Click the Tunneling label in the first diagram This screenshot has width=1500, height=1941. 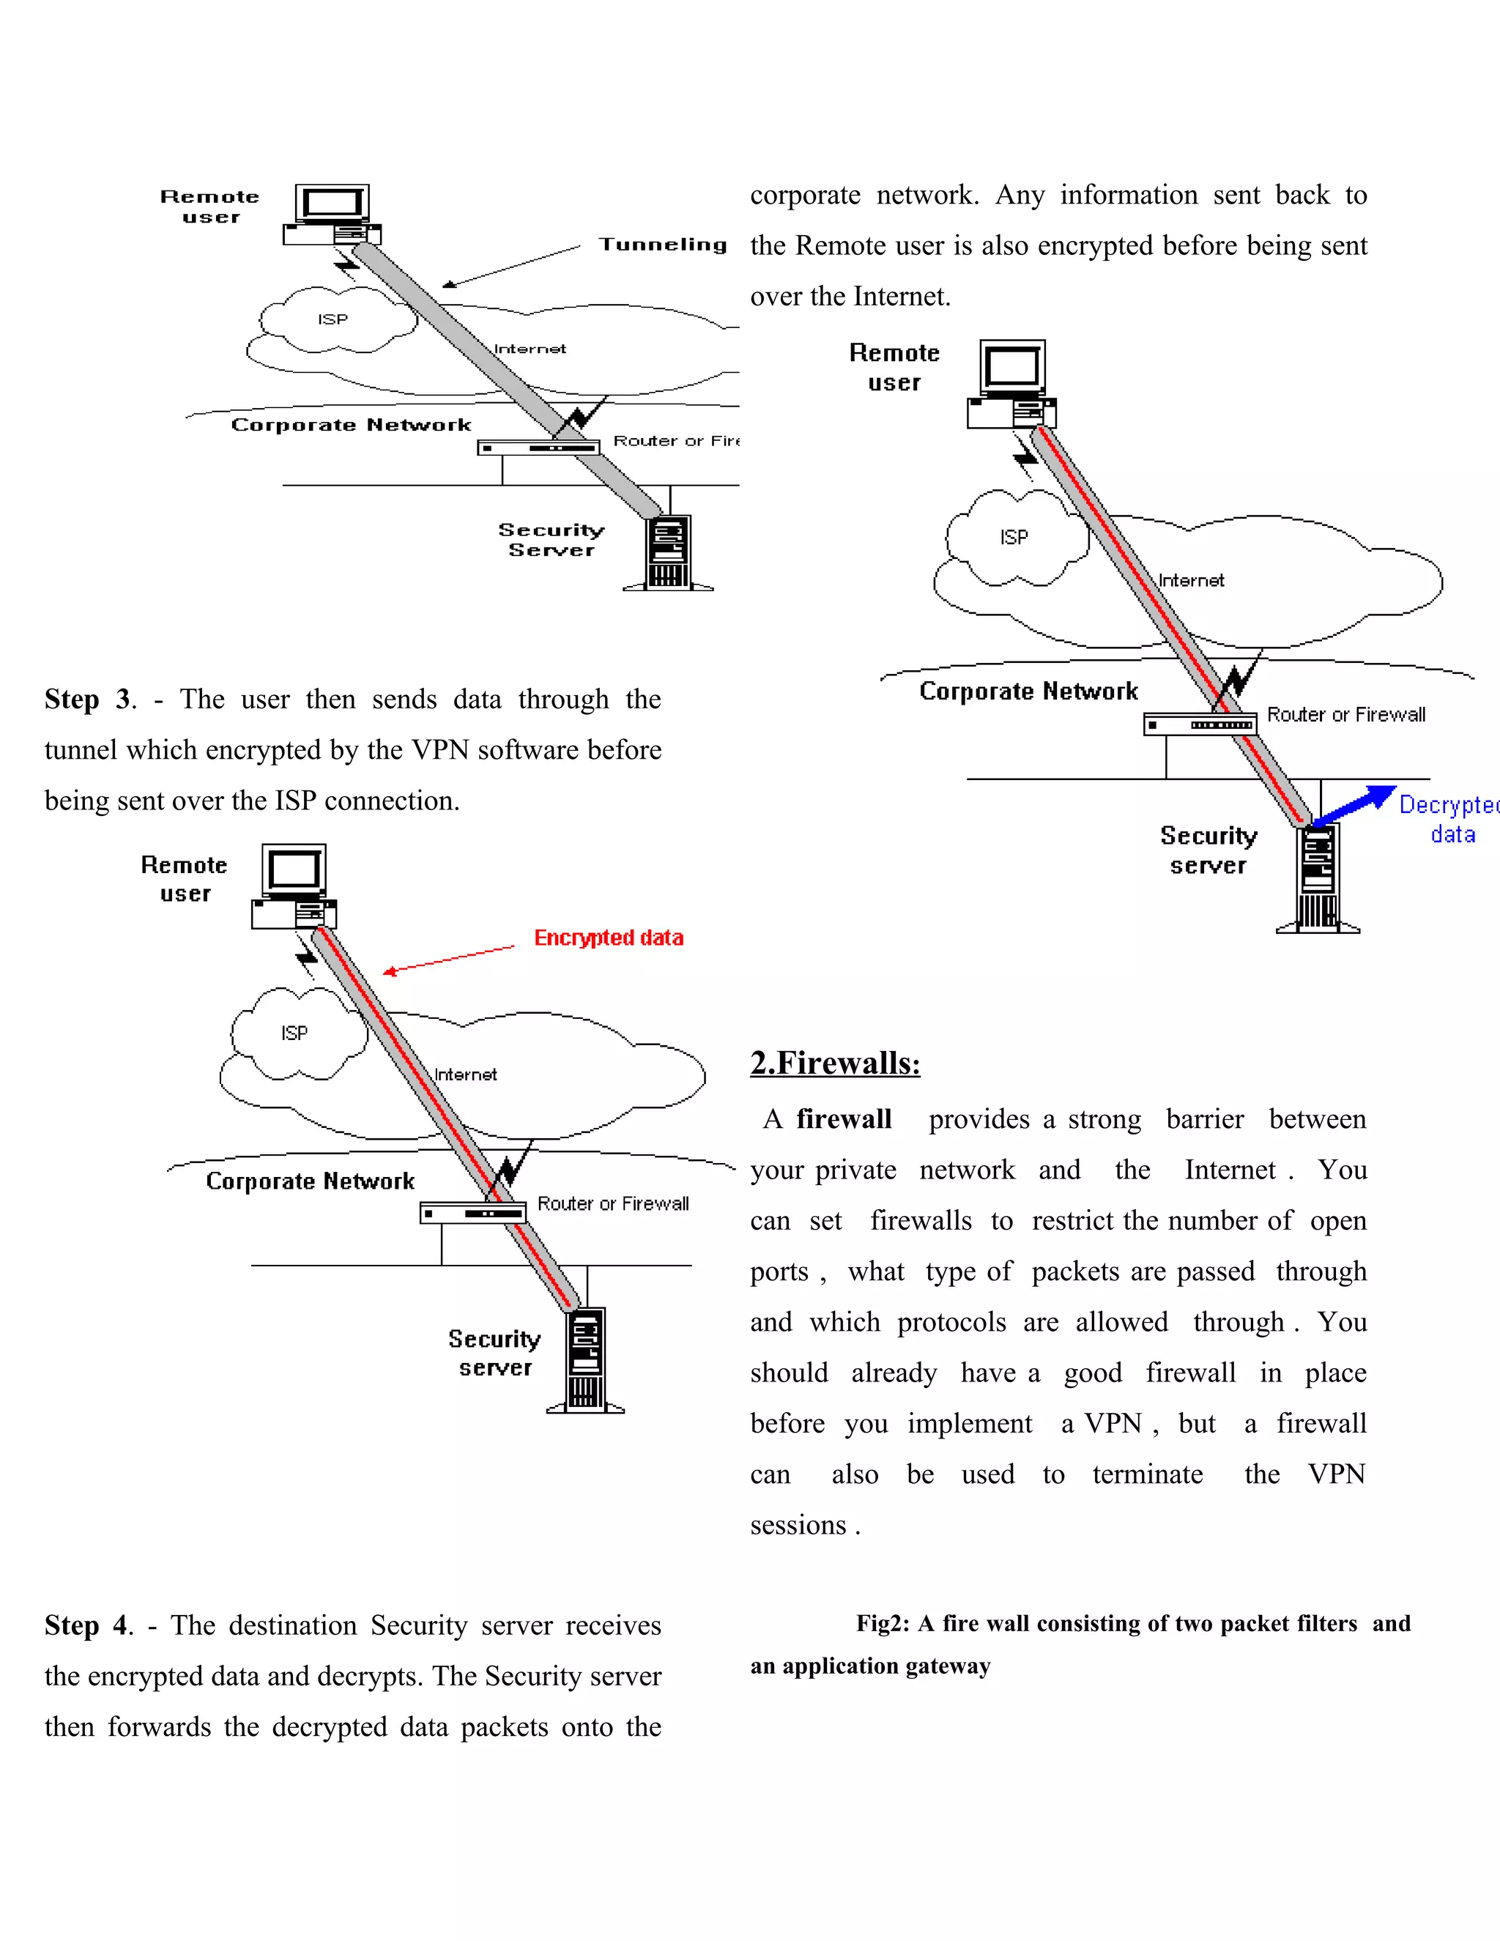click(x=662, y=245)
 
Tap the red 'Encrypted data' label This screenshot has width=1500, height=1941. click(x=608, y=938)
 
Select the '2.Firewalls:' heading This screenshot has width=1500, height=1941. click(x=834, y=1063)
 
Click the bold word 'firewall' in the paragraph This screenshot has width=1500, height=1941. click(x=843, y=1119)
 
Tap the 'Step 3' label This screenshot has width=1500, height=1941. click(x=88, y=699)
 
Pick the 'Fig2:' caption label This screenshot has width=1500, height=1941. click(x=883, y=1624)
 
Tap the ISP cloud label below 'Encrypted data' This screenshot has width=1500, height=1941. click(x=294, y=1033)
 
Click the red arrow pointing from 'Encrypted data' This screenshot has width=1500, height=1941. click(x=449, y=960)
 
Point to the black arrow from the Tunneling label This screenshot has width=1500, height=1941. click(x=511, y=266)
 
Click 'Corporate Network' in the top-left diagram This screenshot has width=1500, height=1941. click(x=351, y=425)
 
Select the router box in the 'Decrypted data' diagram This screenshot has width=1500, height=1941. click(x=1200, y=724)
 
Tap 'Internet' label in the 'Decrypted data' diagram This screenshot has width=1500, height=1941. click(x=1191, y=580)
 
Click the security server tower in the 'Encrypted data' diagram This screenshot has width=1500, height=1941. click(x=586, y=1359)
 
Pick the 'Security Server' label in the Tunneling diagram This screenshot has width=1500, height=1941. click(x=551, y=540)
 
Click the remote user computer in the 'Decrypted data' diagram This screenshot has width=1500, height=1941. click(x=1012, y=384)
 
